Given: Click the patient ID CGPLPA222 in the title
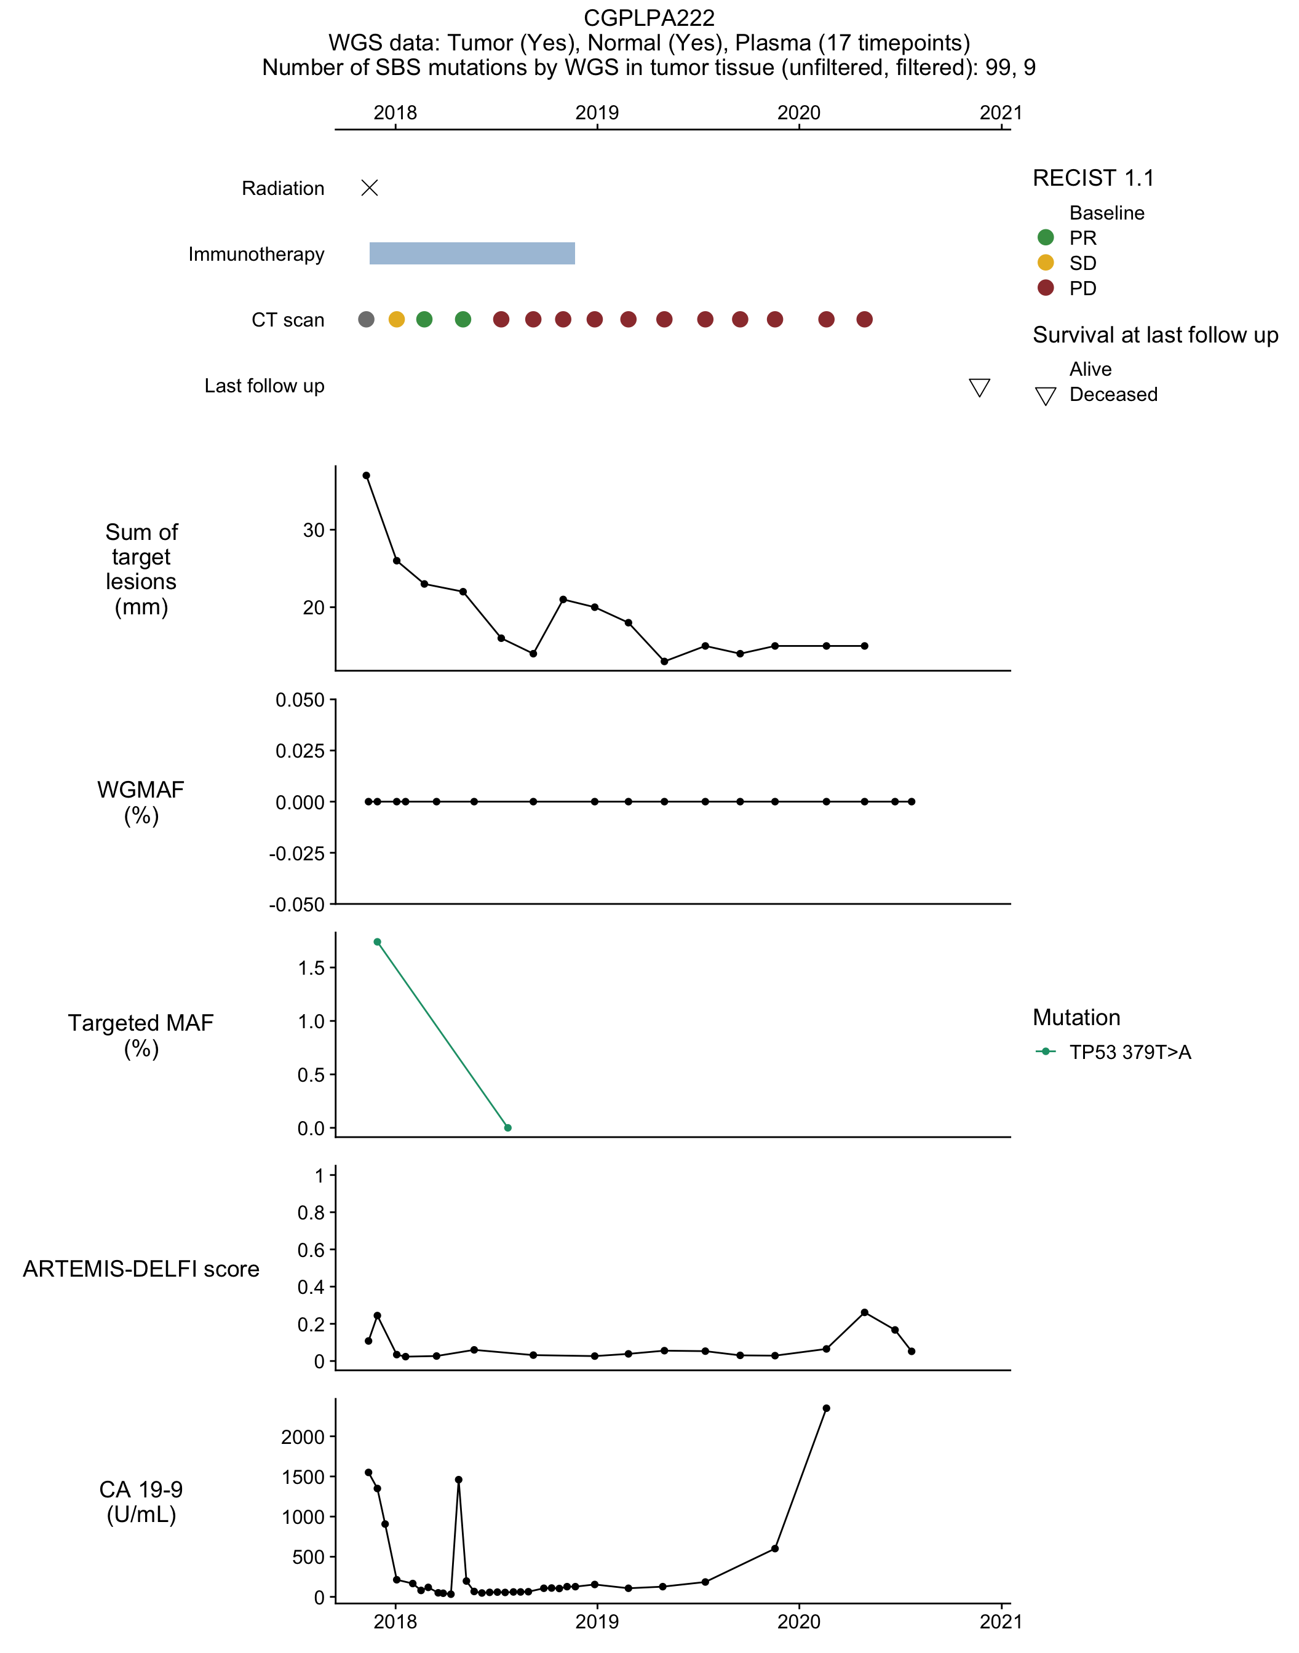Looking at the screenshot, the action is click(649, 17).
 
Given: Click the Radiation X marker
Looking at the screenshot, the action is click(370, 188).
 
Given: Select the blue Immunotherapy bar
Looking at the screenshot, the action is click(472, 253).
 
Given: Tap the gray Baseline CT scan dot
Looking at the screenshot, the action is click(366, 319).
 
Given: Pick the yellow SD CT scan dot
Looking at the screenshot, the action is click(396, 319).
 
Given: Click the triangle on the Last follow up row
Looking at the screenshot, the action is click(980, 388).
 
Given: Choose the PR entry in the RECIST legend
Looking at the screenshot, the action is click(1067, 238).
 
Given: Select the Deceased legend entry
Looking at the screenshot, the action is click(1096, 395).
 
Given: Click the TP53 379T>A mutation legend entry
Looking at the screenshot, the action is click(1113, 1052).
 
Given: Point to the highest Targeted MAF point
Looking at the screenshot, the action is click(377, 942).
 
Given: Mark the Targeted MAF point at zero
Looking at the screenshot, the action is click(508, 1128).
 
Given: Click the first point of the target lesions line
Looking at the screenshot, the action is click(366, 475).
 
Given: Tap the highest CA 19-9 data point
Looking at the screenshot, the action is click(827, 1408).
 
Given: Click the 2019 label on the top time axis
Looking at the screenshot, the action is click(597, 113).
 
